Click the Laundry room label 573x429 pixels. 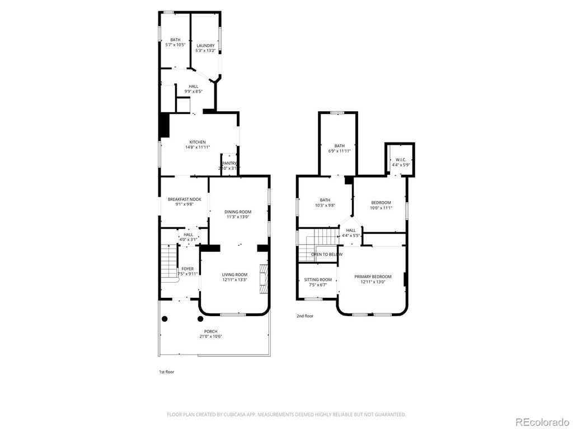pyautogui.click(x=205, y=46)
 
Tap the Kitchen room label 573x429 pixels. pyautogui.click(x=198, y=142)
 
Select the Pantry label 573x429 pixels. pyautogui.click(x=229, y=163)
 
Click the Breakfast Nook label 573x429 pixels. pyautogui.click(x=184, y=199)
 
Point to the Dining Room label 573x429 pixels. pyautogui.click(x=238, y=212)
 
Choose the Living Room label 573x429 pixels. pyautogui.click(x=234, y=274)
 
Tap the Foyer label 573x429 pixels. pyautogui.click(x=187, y=269)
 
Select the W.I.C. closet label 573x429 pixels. pyautogui.click(x=401, y=160)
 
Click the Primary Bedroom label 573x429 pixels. pyautogui.click(x=373, y=277)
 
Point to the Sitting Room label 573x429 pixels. pyautogui.click(x=318, y=280)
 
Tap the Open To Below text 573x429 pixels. pyautogui.click(x=327, y=254)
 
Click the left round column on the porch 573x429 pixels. pyautogui.click(x=165, y=319)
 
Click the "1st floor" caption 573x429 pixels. pyautogui.click(x=166, y=372)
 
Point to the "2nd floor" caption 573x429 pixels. pyautogui.click(x=305, y=316)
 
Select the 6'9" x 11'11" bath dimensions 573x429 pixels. pyautogui.click(x=340, y=151)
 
